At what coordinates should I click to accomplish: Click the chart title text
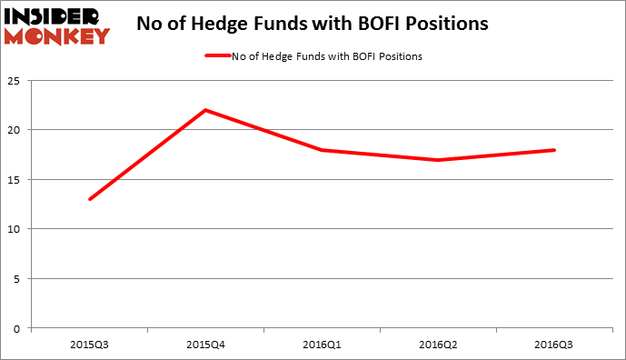point(312,24)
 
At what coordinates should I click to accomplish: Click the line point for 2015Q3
point(90,199)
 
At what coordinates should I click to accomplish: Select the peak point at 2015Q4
point(206,110)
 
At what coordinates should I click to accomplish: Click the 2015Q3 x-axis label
point(90,345)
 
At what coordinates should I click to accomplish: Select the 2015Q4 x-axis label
point(206,345)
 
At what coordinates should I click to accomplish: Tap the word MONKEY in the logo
point(57,36)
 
